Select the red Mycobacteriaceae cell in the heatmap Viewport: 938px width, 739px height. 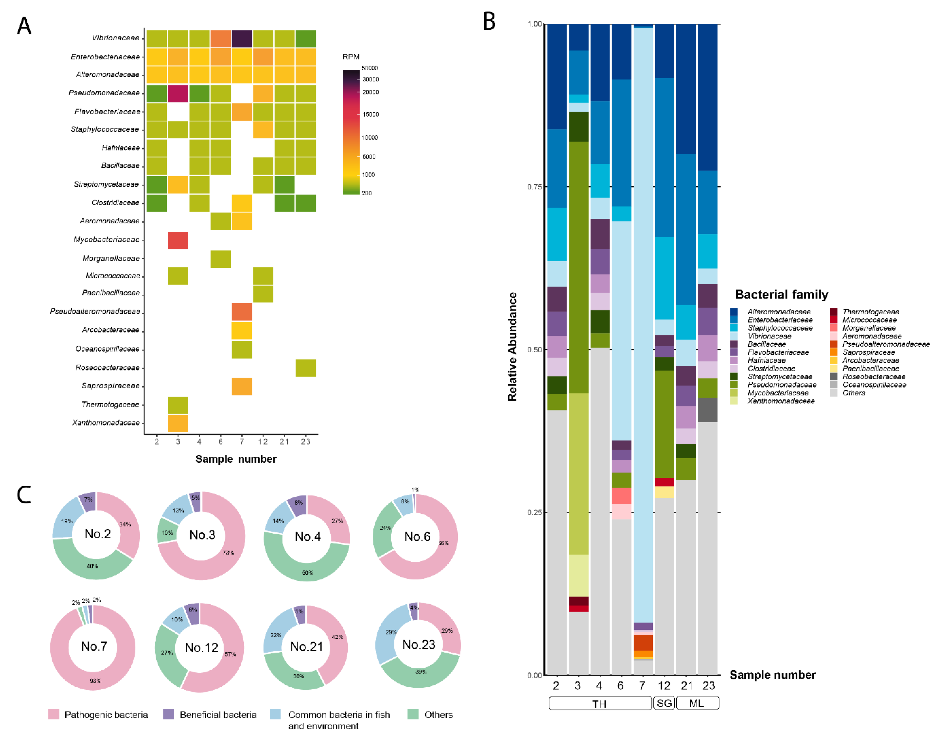point(178,240)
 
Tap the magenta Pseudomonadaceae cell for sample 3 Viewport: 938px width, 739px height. point(178,93)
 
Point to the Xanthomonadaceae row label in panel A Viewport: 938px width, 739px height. point(106,422)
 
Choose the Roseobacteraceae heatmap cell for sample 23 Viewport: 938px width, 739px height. point(305,368)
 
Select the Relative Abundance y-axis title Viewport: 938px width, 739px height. point(512,346)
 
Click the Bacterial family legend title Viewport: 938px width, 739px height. point(781,295)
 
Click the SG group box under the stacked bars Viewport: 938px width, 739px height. point(664,703)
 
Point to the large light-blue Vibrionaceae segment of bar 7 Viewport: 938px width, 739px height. point(642,303)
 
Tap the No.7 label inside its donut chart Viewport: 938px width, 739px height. point(94,646)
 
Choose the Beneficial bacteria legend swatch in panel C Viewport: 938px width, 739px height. point(168,714)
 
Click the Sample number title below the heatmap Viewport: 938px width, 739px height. point(236,459)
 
